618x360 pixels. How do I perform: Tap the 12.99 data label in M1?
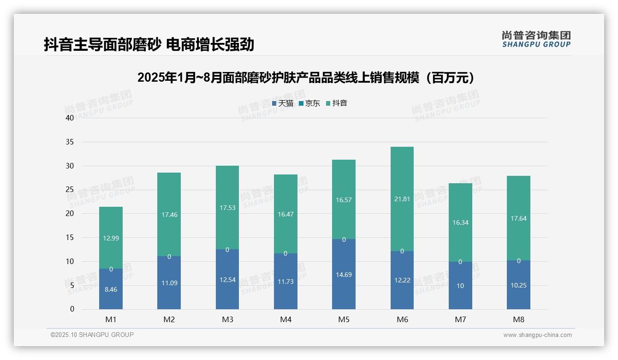[x=111, y=238]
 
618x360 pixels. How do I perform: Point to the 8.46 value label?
[x=111, y=290]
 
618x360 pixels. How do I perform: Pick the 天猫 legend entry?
[x=283, y=103]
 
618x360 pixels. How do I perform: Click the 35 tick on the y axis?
[x=70, y=142]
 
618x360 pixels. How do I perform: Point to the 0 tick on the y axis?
[x=72, y=309]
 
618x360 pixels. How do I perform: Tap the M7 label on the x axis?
[x=460, y=319]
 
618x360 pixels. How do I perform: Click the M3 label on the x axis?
[x=227, y=319]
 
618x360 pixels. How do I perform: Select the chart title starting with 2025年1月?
[x=306, y=78]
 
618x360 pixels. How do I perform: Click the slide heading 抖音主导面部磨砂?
[x=149, y=45]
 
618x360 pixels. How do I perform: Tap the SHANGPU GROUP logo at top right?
[x=536, y=39]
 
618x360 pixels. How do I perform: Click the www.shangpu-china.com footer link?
[x=537, y=335]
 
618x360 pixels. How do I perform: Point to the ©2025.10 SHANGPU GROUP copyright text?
[x=92, y=335]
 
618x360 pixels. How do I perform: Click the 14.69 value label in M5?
[x=344, y=275]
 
